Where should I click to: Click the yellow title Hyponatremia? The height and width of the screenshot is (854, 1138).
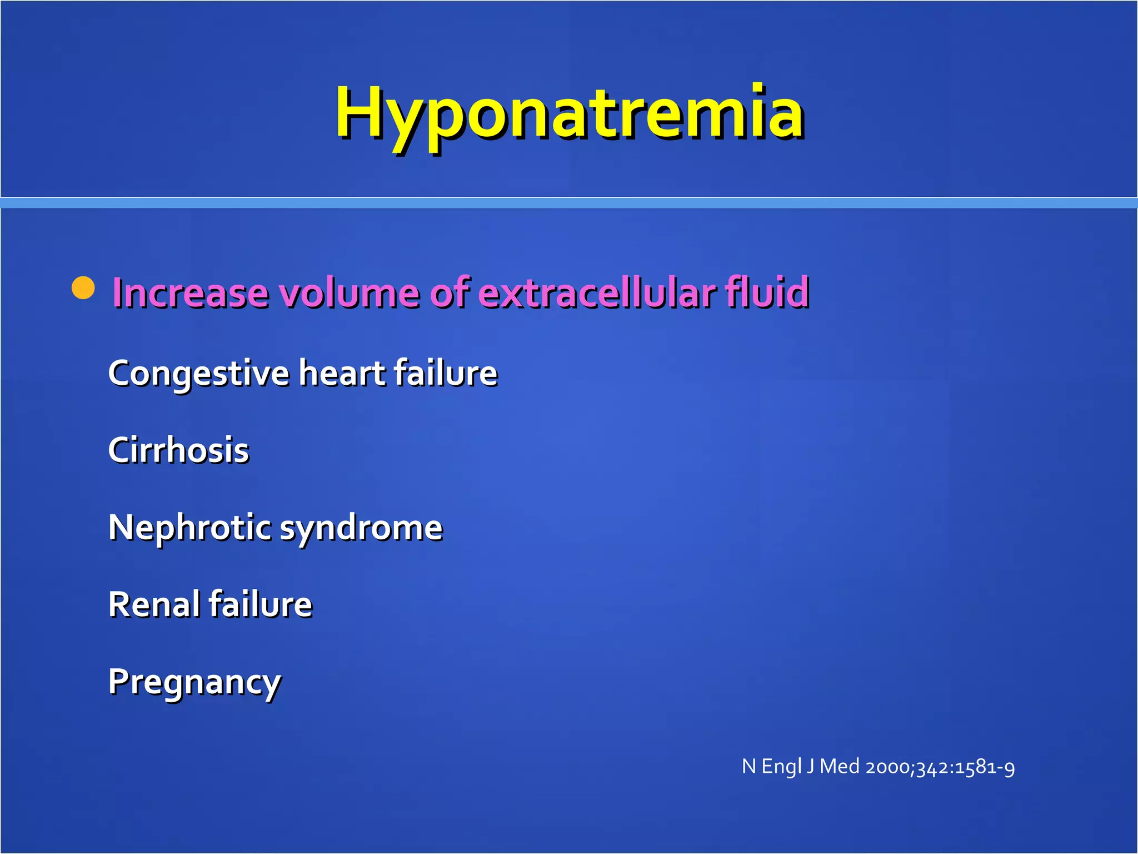[x=569, y=114]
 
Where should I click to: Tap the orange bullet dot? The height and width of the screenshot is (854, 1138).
[x=84, y=288]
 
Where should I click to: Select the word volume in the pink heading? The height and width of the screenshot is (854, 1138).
[x=349, y=292]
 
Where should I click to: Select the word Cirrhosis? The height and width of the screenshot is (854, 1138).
[x=178, y=450]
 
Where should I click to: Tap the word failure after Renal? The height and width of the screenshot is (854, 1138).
[x=261, y=604]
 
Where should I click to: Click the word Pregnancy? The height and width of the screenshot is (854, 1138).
[x=194, y=683]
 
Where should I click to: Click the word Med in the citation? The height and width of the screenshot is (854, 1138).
[x=840, y=767]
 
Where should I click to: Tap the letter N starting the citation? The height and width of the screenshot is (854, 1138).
[x=748, y=767]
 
